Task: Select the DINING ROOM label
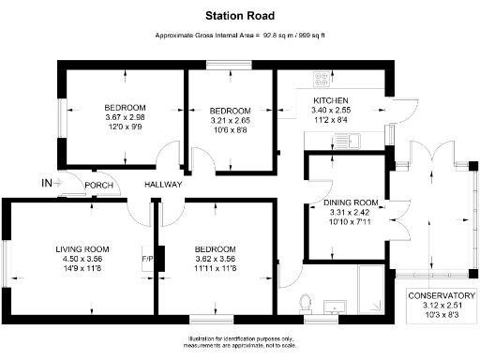351,202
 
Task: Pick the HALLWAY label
162,185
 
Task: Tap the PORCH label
98,185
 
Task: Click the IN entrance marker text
47,182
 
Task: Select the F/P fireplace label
147,258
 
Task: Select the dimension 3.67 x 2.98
125,117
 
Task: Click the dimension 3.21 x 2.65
230,120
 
